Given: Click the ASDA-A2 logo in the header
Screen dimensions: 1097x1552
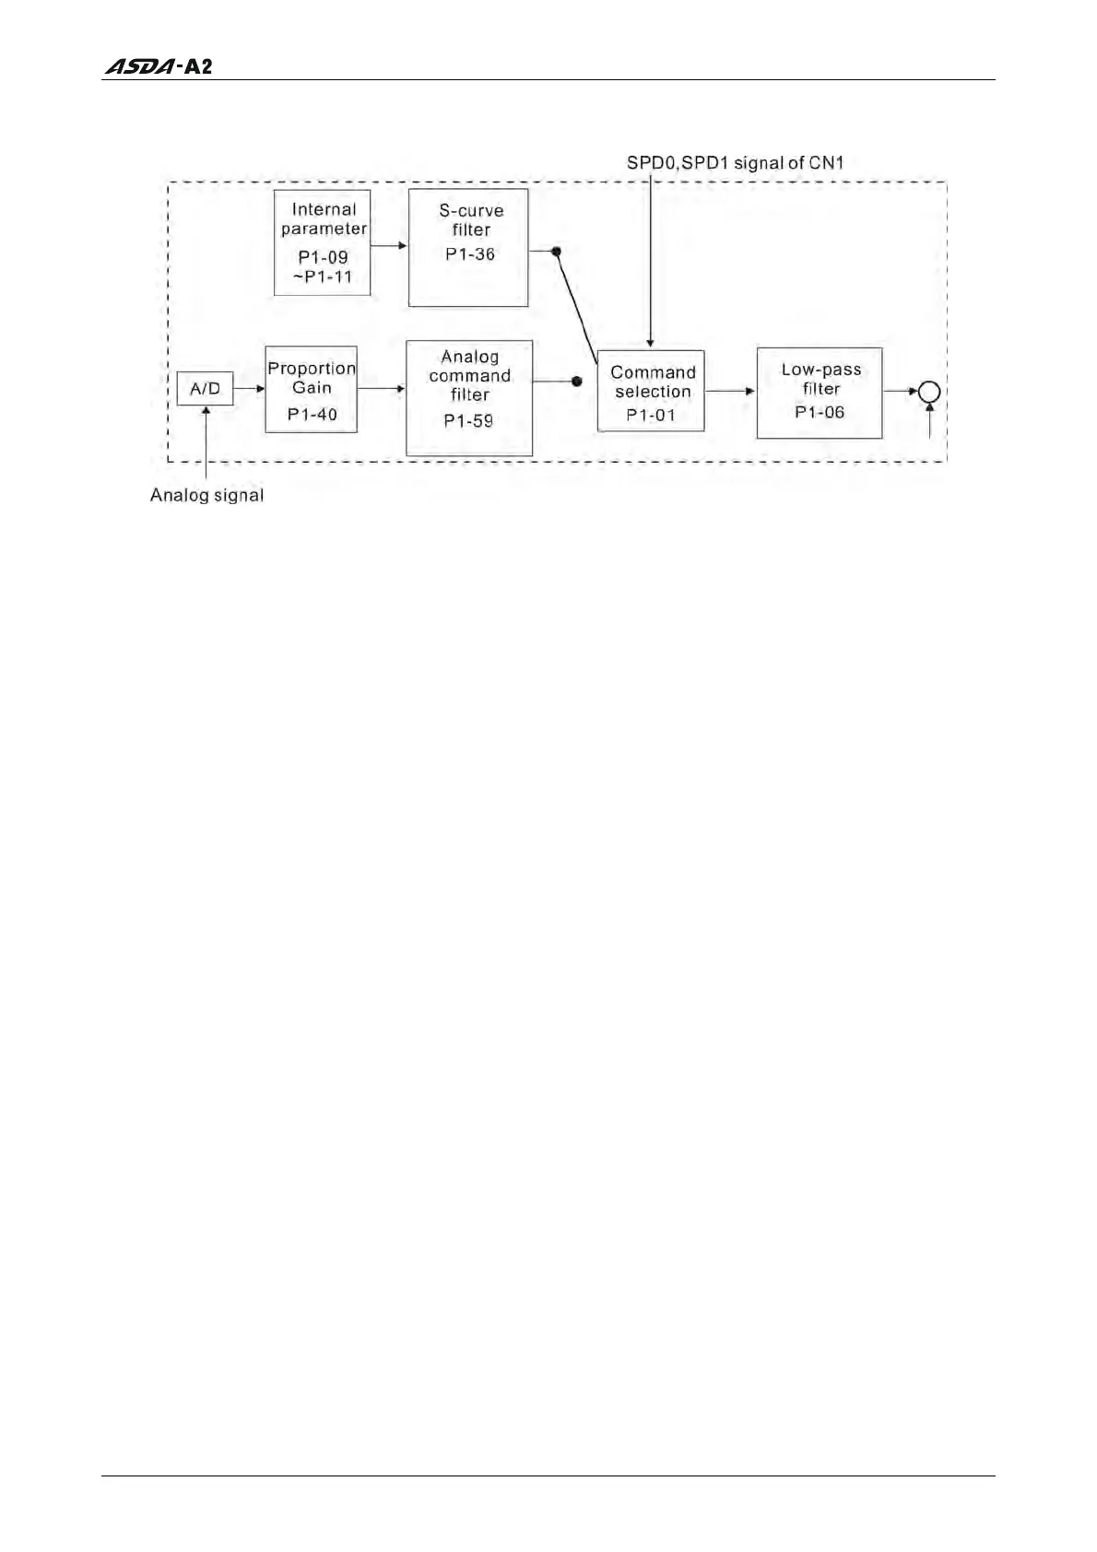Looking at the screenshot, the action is point(159,67).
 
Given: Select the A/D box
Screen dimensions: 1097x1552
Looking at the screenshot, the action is point(205,389).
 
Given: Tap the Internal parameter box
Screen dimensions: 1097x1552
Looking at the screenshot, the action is point(323,242).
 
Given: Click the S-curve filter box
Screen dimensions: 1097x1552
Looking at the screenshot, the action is point(468,247).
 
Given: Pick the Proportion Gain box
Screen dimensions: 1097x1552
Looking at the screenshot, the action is point(311,390).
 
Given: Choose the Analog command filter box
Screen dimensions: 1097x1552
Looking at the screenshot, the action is point(469,397).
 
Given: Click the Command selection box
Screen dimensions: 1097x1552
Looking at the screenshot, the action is point(651,391).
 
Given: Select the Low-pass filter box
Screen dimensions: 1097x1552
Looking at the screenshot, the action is point(820,393).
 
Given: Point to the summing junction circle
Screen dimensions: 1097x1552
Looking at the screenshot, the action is point(929,392).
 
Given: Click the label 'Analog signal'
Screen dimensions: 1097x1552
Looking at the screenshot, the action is point(206,496).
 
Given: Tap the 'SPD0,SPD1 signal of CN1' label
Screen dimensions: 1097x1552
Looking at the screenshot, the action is point(735,163).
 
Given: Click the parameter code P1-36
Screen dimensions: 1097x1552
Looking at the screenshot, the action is point(470,254).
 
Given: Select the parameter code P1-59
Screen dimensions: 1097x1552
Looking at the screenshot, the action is point(468,421).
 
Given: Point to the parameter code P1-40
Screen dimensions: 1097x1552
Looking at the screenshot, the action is point(312,415).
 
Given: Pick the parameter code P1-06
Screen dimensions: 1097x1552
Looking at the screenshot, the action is point(820,412).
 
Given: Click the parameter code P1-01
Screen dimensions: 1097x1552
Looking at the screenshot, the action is point(651,415).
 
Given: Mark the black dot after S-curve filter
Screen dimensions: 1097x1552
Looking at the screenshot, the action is point(556,251).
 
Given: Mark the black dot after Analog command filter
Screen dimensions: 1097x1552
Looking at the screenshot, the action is point(577,381).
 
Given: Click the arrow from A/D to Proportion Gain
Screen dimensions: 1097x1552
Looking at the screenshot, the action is point(249,389).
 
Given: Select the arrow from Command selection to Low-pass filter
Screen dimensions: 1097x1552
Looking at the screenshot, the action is point(730,391).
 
